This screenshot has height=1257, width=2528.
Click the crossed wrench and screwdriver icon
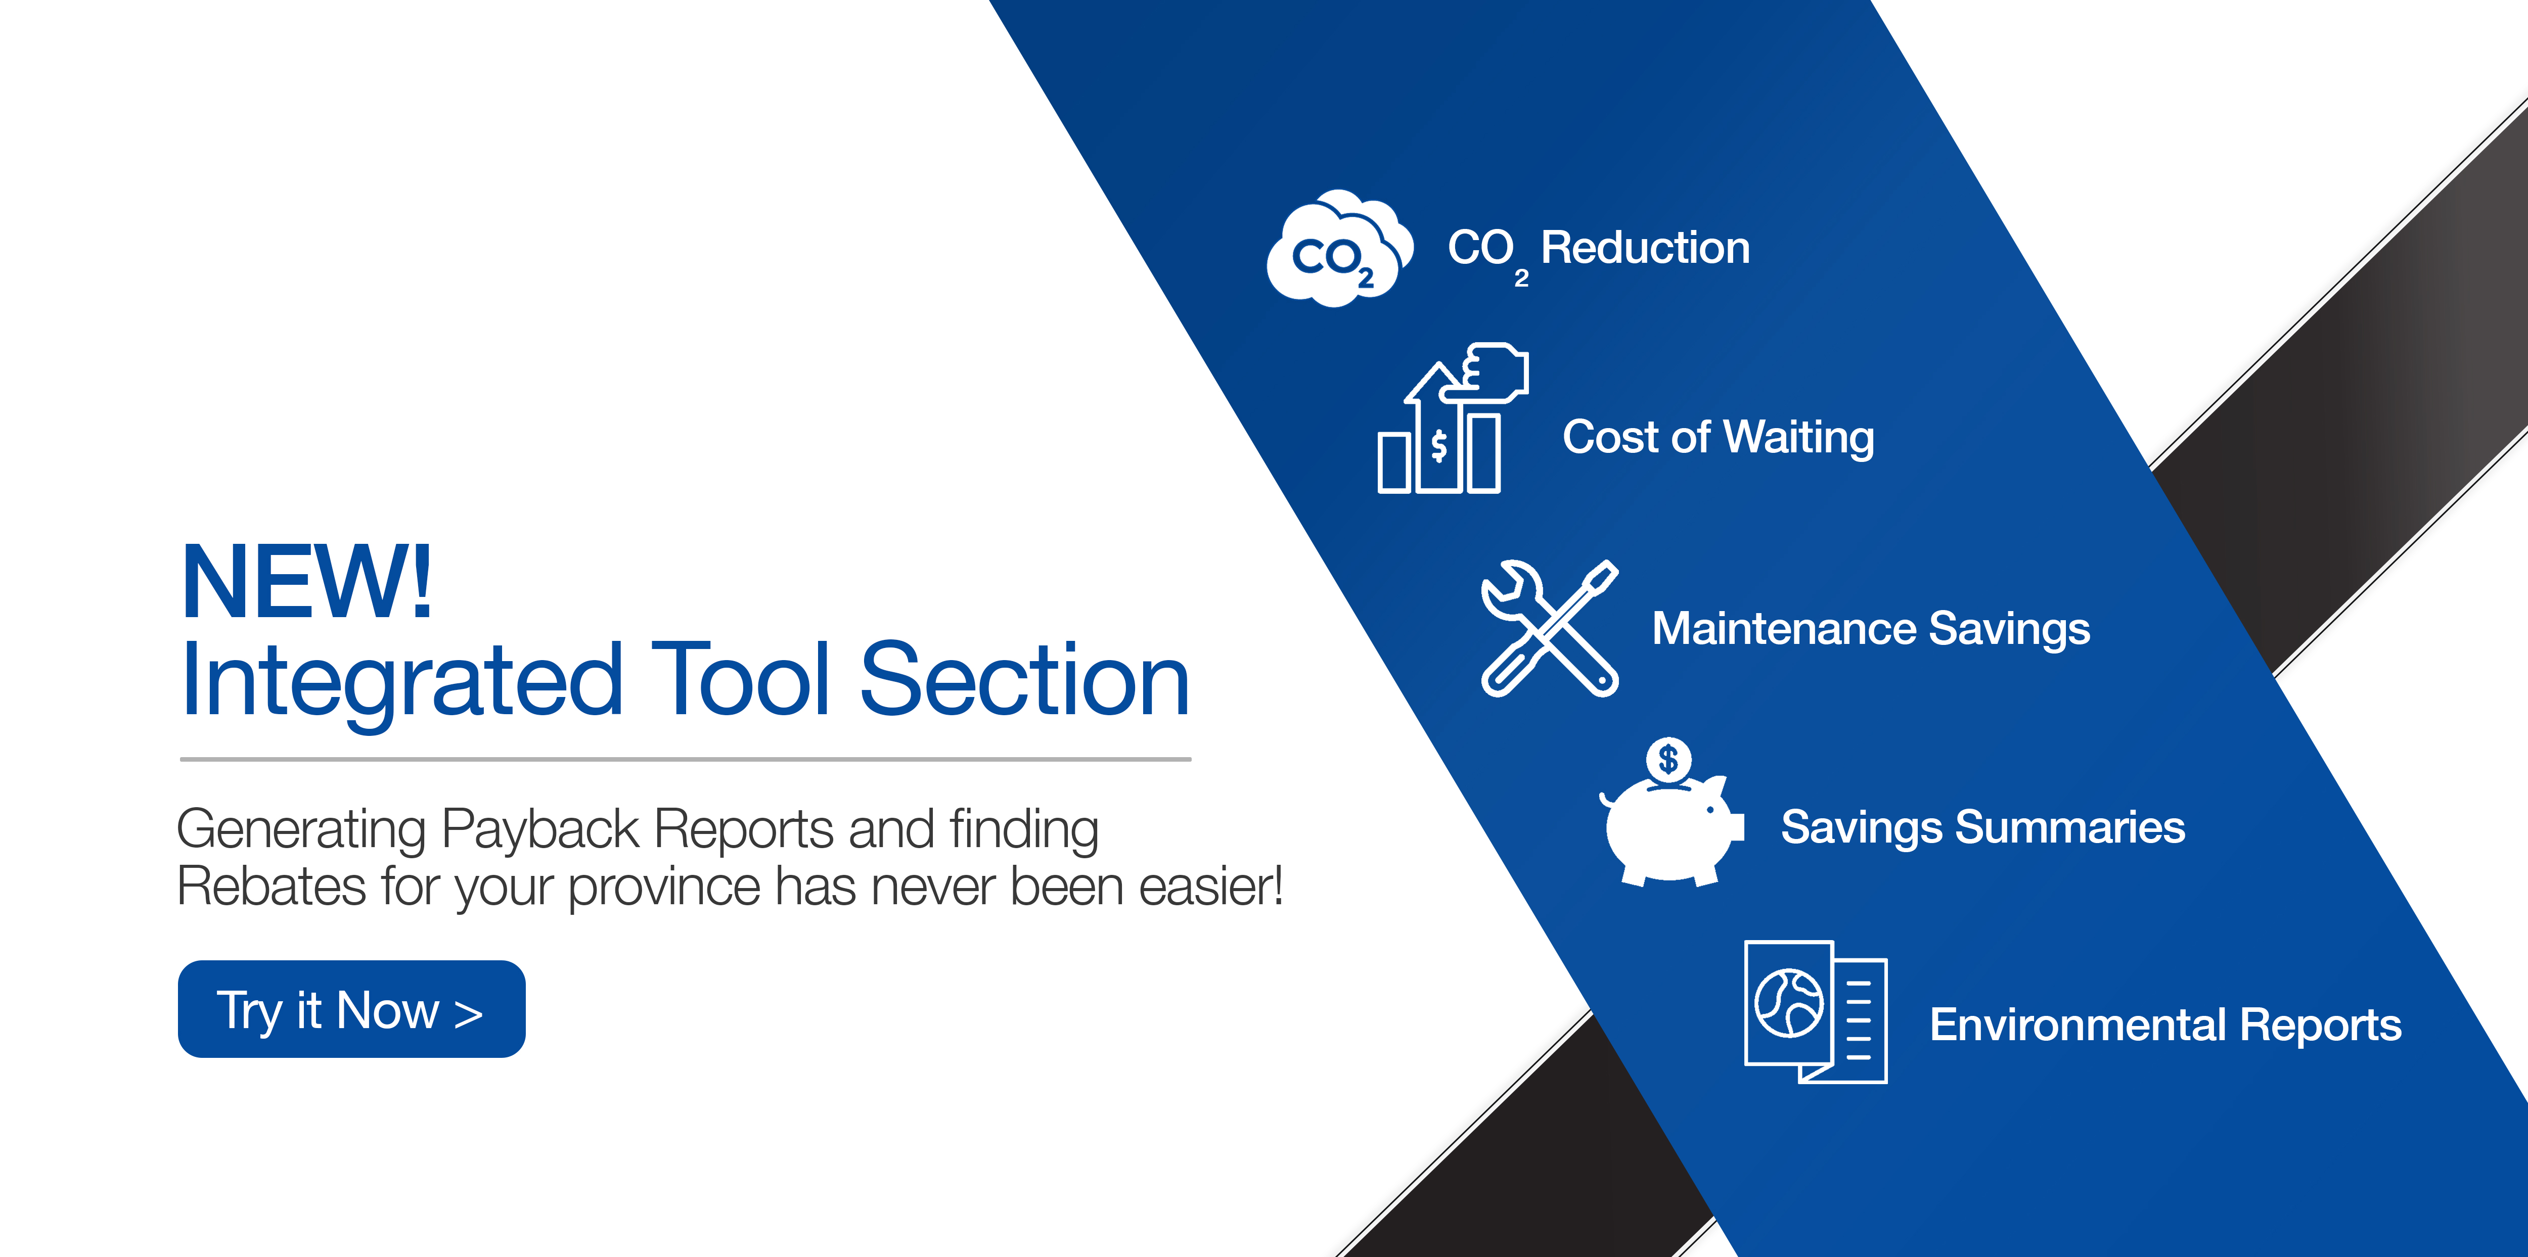point(1550,628)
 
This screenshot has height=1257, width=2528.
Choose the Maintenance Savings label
point(1871,629)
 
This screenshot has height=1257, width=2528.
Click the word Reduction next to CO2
point(1646,247)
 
